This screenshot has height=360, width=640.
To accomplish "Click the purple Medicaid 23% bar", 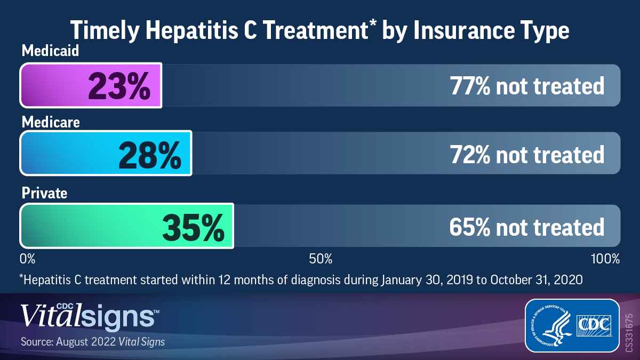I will coord(91,85).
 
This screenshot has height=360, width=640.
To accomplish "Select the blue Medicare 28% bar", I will coord(106,153).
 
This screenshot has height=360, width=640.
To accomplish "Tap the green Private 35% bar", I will coord(126,226).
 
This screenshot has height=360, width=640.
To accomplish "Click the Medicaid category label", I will coord(50,51).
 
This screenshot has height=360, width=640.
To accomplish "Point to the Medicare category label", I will coord(51,122).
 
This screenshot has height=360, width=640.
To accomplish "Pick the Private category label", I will coord(44,193).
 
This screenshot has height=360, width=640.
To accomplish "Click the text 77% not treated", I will coord(526,85).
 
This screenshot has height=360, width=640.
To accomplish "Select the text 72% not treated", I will coord(526,154).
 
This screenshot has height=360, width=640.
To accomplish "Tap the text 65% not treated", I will coord(526,227).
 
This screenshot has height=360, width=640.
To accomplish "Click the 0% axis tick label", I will coord(27,259).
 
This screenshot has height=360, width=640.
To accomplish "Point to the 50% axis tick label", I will coord(321,259).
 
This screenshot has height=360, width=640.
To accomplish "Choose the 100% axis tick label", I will coord(605,259).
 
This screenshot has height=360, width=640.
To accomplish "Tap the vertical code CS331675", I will coord(629,332).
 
